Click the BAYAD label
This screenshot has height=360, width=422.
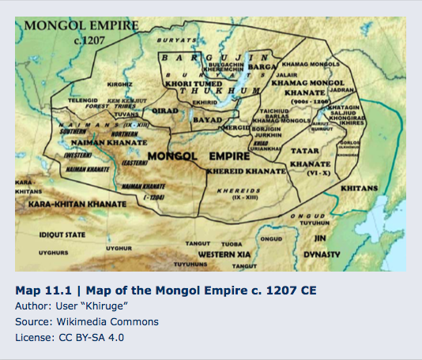[x=206, y=120]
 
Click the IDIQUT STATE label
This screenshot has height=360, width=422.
[x=62, y=234]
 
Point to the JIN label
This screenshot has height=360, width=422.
[x=320, y=237]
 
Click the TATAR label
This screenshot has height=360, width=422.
[x=304, y=149]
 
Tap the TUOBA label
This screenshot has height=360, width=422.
[x=231, y=244]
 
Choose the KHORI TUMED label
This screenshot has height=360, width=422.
[x=189, y=82]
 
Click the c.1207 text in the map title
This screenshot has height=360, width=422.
[x=89, y=39]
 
